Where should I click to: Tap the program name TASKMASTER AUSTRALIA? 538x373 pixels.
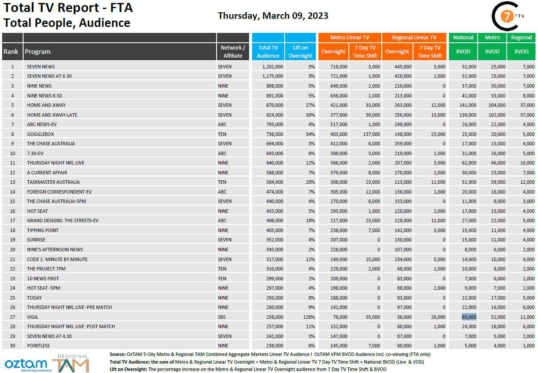click(53, 182)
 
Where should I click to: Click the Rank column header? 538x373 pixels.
click(11, 52)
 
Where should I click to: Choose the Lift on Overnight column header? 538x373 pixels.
click(300, 52)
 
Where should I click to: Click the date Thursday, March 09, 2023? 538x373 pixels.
click(273, 16)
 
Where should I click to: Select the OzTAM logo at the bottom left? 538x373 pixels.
click(26, 364)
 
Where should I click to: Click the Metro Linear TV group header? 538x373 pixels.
click(349, 38)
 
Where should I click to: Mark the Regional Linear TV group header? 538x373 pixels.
click(414, 38)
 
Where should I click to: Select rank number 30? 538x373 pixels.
click(12, 346)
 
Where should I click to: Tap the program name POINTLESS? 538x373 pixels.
click(38, 346)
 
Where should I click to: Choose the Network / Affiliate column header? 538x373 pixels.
click(233, 52)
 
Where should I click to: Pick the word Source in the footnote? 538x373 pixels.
click(117, 354)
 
